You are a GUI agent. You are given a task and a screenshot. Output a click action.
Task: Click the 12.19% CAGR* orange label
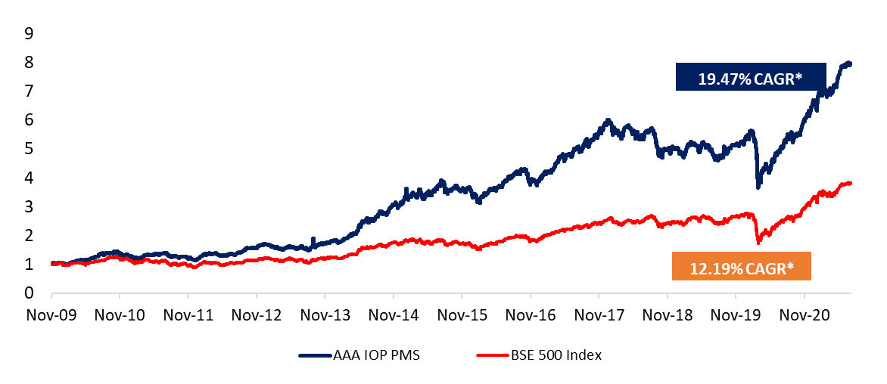point(740,267)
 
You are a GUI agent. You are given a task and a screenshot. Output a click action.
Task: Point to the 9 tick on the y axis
point(29,33)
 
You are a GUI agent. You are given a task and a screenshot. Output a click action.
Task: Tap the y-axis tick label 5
point(29,149)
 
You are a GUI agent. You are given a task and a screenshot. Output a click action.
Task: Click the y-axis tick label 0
point(29,293)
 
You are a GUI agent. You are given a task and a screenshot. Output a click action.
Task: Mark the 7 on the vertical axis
point(29,91)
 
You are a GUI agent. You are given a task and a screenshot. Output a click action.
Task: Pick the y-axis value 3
point(29,206)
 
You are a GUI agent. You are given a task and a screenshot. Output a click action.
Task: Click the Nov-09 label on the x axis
point(51,314)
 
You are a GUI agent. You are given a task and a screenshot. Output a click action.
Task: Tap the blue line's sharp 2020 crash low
point(758,187)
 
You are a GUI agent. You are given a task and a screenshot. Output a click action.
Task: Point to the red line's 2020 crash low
point(758,242)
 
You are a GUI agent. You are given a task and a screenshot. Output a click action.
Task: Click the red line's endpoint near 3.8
point(851,183)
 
